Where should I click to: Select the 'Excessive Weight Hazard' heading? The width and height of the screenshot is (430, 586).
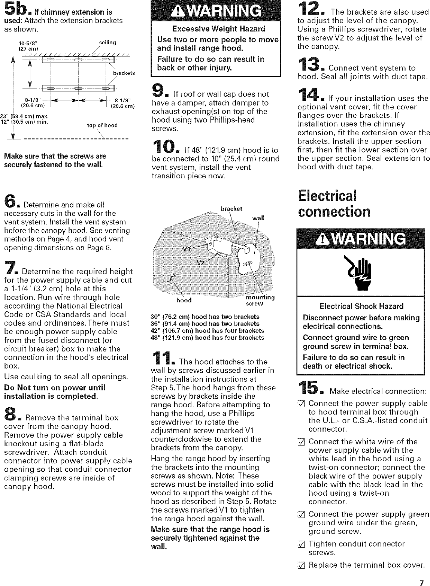pos(218,29)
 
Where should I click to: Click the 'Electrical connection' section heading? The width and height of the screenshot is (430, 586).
pos(333,203)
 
